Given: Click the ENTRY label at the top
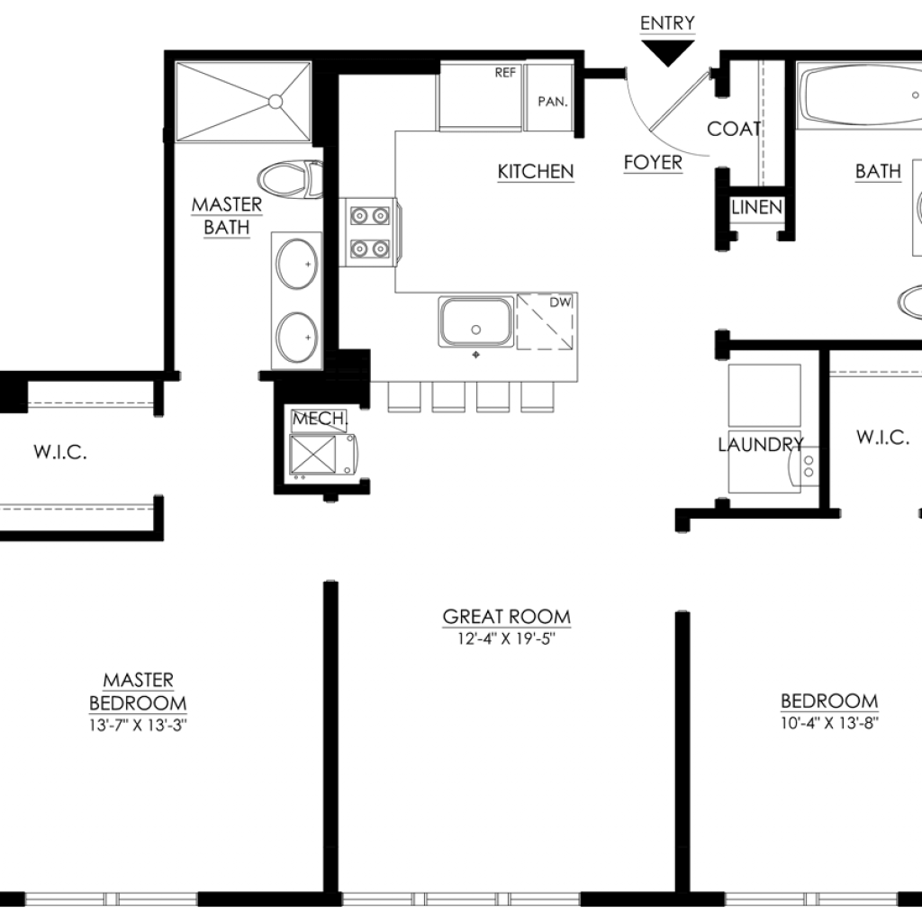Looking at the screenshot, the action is pos(667,23).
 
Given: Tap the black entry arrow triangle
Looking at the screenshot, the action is pos(667,52).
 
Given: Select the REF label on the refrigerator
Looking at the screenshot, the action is pos(505,72).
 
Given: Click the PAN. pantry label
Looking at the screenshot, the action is pos(553,102).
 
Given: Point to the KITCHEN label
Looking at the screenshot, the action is pos(536,172).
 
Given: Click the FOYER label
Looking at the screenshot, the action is pos(653,162).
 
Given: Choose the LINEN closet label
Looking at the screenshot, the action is pos(756,207).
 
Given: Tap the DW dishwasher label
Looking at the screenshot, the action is pos(560,303).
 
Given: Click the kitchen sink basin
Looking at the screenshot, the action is pos(476,321).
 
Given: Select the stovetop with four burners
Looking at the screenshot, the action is pos(370,232).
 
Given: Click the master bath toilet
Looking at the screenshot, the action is pos(290,178).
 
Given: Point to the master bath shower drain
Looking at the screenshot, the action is pos(276,102).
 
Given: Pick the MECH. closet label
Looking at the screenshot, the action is pos(320,419).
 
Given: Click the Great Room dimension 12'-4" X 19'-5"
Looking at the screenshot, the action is pos(506,638).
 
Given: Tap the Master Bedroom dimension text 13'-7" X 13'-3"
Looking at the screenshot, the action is pos(138,725).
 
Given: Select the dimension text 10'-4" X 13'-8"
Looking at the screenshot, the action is pos(829,723).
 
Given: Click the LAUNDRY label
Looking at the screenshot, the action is pos(760,445).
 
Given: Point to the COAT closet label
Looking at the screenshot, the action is pos(734,129).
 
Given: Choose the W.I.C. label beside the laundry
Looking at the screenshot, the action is pos(882,437).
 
